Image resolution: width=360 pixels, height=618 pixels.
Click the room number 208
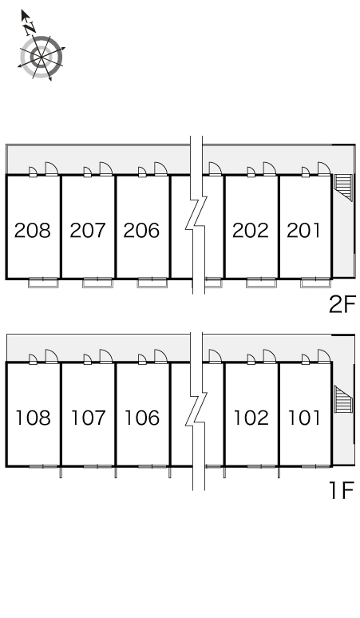(33, 231)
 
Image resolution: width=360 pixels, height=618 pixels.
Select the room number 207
(88, 231)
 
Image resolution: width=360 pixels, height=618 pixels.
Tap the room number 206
(142, 231)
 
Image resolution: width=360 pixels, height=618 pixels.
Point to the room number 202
(251, 231)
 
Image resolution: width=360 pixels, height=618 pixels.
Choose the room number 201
(303, 231)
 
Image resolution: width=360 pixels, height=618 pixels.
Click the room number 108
(33, 418)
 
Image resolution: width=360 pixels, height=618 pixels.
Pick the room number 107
(89, 418)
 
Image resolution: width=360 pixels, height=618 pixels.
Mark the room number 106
(142, 418)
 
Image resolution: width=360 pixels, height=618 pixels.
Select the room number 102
(251, 418)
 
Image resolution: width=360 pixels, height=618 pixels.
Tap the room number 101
(304, 418)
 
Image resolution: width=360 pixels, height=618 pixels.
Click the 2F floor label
(342, 305)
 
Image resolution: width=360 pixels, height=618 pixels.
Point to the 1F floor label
(342, 491)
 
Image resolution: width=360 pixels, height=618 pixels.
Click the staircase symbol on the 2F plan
(343, 187)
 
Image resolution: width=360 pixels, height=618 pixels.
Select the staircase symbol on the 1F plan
(343, 400)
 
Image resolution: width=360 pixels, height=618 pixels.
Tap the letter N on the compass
(30, 28)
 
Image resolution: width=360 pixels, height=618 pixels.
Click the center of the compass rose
(42, 57)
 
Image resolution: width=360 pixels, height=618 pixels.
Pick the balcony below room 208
(43, 283)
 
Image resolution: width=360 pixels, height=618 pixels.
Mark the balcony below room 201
(315, 283)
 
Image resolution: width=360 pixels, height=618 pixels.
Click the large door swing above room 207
(106, 168)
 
